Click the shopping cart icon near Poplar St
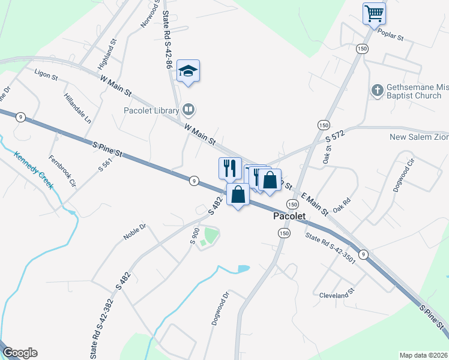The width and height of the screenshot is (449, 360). (x=374, y=13)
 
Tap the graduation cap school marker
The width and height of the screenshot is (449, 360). (x=188, y=71)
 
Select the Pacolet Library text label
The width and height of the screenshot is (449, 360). (x=151, y=110)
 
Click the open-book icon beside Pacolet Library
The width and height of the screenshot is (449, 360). (x=188, y=110)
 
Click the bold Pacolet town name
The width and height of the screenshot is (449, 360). (x=289, y=216)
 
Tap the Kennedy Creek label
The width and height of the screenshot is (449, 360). (x=34, y=170)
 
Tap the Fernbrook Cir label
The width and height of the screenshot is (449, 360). (x=63, y=171)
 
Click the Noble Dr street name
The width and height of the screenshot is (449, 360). (x=134, y=232)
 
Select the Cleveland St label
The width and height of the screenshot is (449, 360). (x=337, y=295)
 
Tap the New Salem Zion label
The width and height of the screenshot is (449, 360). (x=419, y=137)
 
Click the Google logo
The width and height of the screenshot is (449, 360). (x=20, y=353)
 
